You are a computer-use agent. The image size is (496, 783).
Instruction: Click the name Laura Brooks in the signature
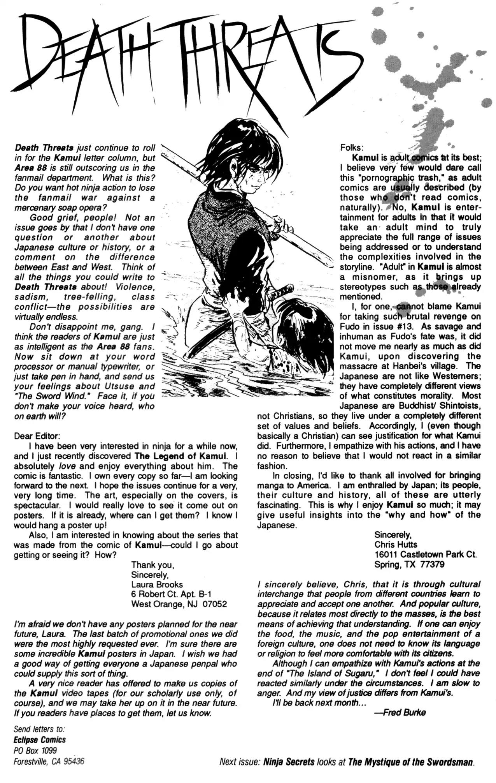[x=157, y=584]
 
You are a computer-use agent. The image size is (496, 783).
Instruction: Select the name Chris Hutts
[x=396, y=544]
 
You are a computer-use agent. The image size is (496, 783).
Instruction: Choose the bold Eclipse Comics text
[x=39, y=740]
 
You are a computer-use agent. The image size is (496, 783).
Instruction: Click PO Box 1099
[x=35, y=750]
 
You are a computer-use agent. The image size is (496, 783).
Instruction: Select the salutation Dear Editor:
[x=37, y=436]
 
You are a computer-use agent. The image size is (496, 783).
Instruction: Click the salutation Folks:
[x=352, y=148]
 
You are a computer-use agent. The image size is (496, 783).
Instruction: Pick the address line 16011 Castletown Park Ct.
[x=425, y=554]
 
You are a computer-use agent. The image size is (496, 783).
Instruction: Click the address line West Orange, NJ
[x=171, y=604]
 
